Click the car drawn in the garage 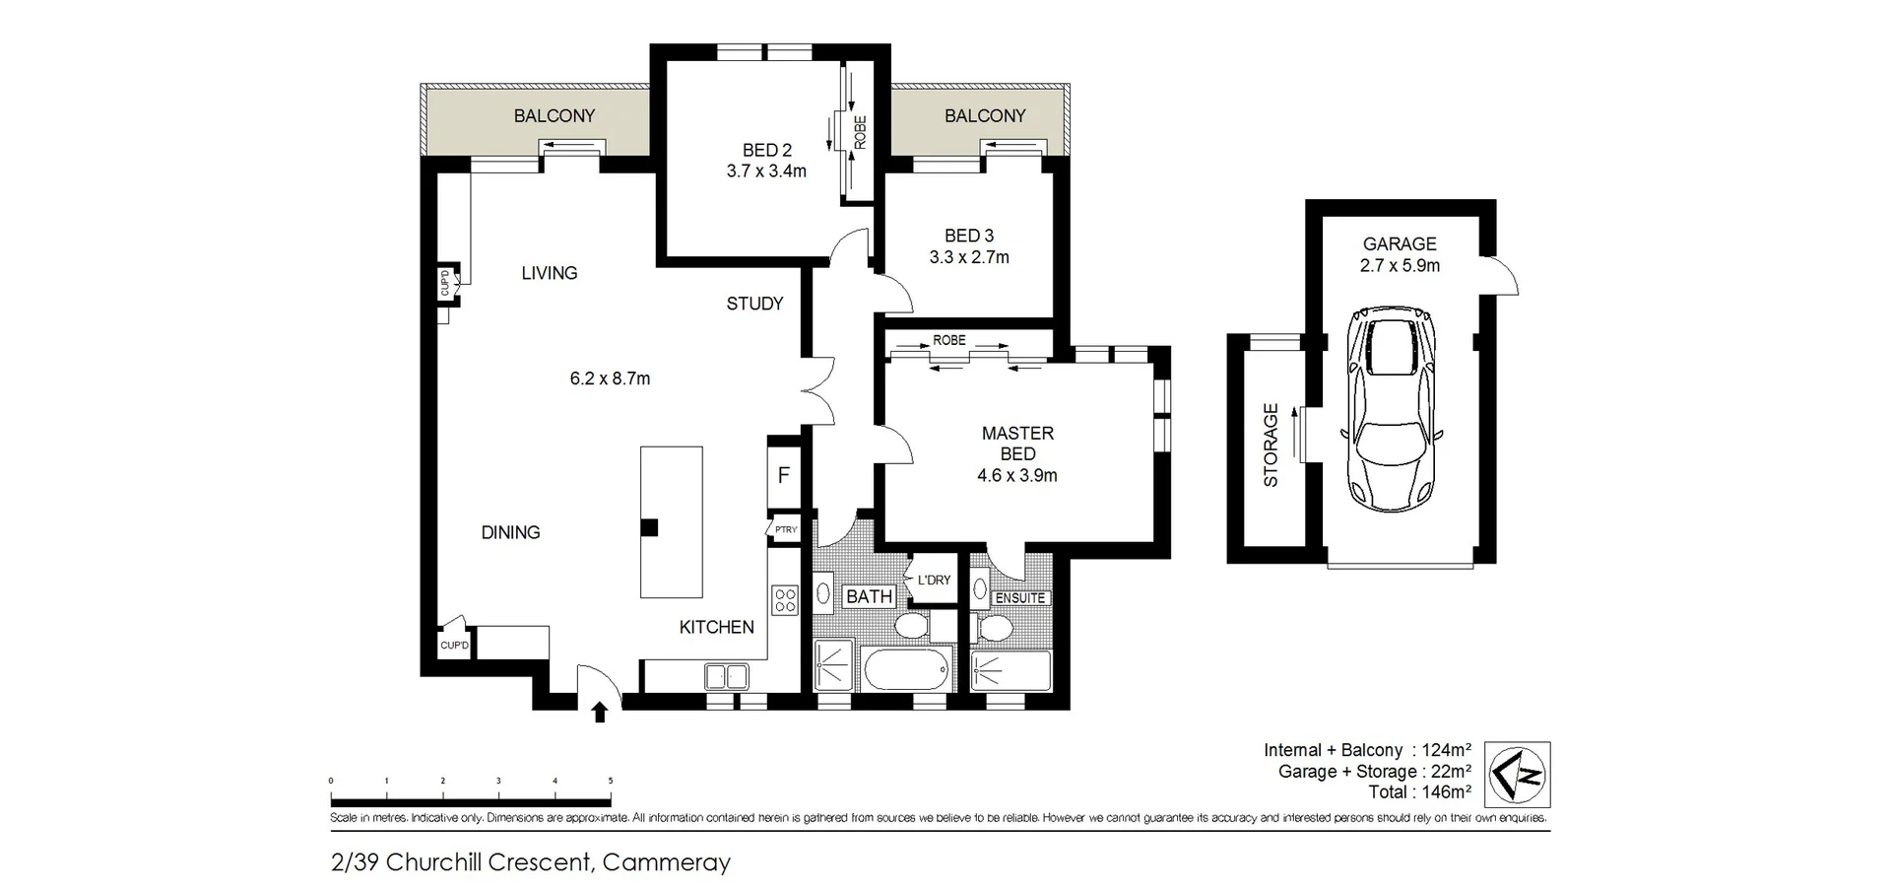pyautogui.click(x=1392, y=408)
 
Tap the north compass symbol pyautogui.click(x=1517, y=775)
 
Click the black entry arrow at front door pyautogui.click(x=600, y=712)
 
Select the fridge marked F pyautogui.click(x=784, y=475)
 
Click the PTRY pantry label pyautogui.click(x=785, y=530)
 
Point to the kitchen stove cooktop pyautogui.click(x=785, y=600)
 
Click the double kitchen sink pyautogui.click(x=727, y=677)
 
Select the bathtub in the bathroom pyautogui.click(x=908, y=670)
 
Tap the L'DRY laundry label pyautogui.click(x=934, y=580)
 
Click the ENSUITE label pyautogui.click(x=1020, y=598)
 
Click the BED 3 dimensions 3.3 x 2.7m pyautogui.click(x=969, y=257)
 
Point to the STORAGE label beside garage pyautogui.click(x=1271, y=446)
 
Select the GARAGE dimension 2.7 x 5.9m pyautogui.click(x=1400, y=266)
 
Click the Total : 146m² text pyautogui.click(x=1419, y=792)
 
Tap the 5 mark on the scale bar pyautogui.click(x=611, y=782)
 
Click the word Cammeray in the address pyautogui.click(x=666, y=862)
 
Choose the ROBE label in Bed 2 pyautogui.click(x=860, y=132)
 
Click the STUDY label pyautogui.click(x=754, y=304)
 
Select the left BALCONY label pyautogui.click(x=554, y=116)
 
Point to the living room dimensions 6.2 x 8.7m pyautogui.click(x=610, y=378)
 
